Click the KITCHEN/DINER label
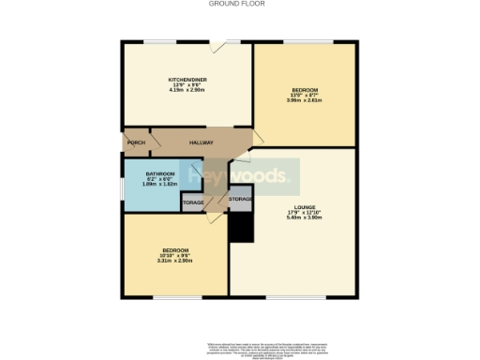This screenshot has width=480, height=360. tap(187, 79)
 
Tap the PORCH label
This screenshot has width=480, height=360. tap(135, 142)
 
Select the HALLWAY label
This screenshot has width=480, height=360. tap(202, 142)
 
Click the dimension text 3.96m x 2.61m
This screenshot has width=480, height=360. tap(305, 100)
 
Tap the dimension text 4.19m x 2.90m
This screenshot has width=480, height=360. tap(187, 90)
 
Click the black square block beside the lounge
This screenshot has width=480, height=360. tap(241, 227)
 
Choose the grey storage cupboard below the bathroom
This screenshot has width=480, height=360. tap(194, 202)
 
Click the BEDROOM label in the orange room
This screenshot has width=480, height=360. tap(305, 89)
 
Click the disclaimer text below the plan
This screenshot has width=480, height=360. tap(239, 348)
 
